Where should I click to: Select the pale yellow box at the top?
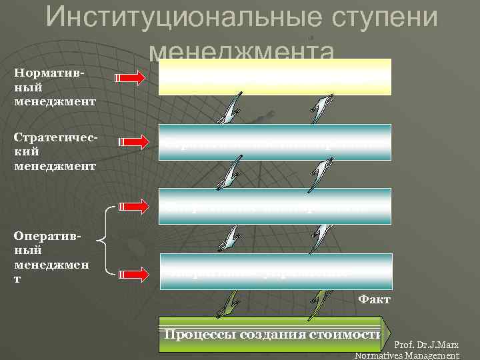[x=275, y=77]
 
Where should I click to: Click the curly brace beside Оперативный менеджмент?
[x=102, y=240]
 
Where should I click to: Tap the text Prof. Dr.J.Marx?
[x=427, y=345]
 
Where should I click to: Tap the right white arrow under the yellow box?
[x=322, y=107]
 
